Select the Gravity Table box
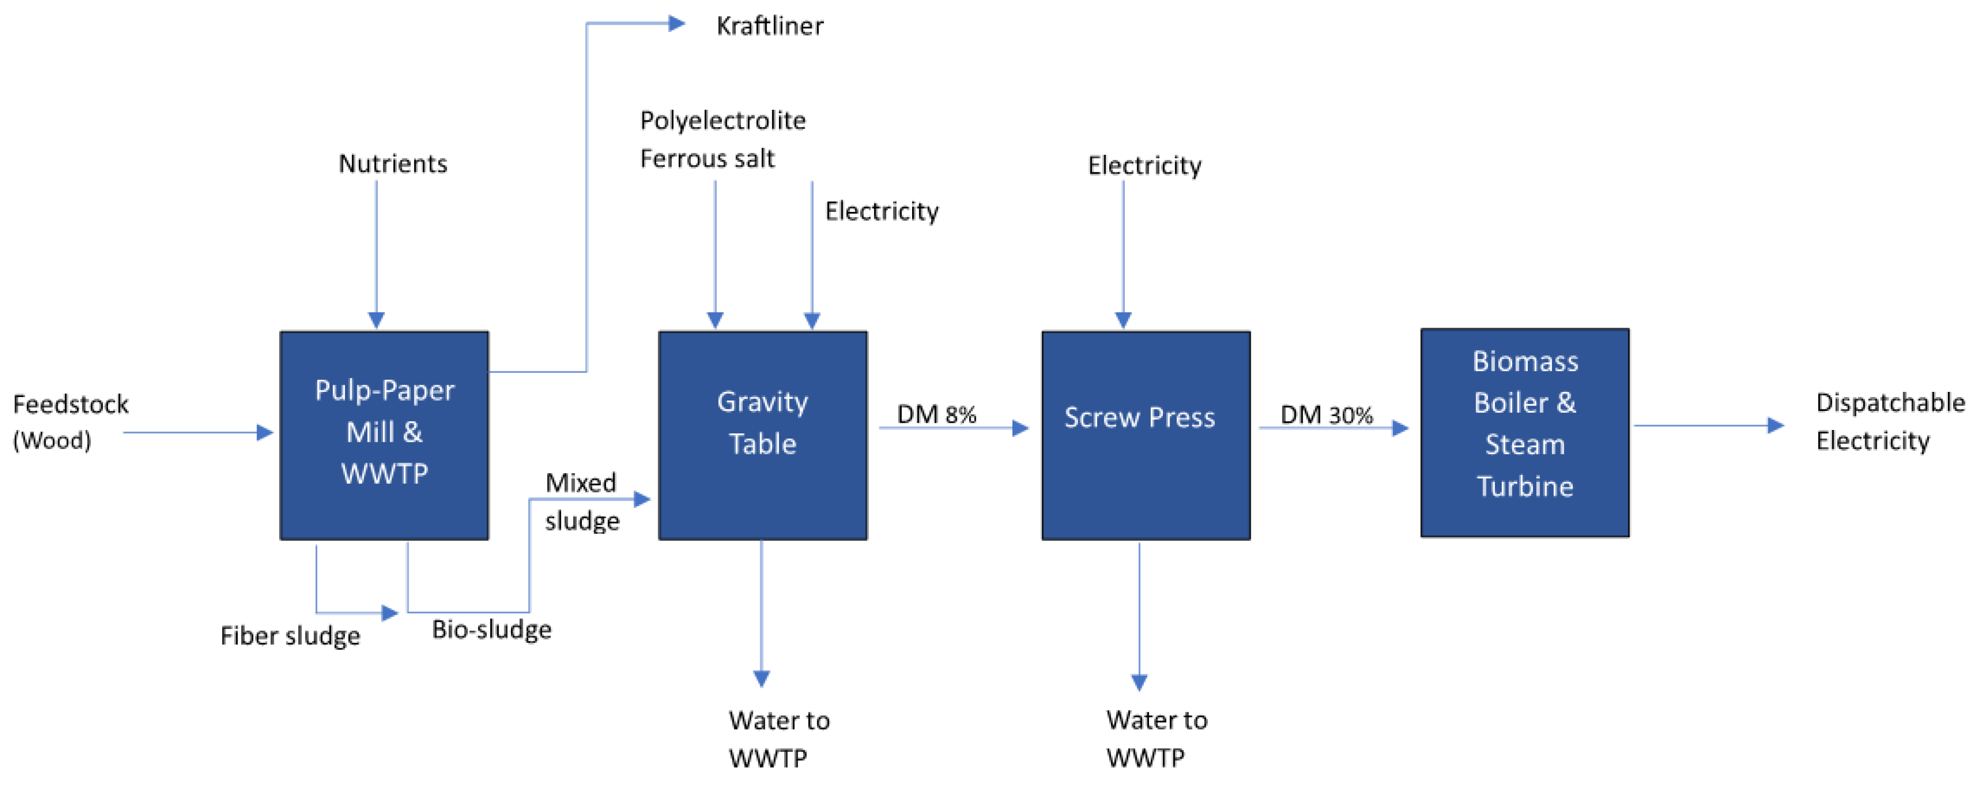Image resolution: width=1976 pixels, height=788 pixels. (763, 435)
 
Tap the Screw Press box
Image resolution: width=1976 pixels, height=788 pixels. (1145, 435)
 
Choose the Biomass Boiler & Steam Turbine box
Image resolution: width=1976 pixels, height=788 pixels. (1524, 432)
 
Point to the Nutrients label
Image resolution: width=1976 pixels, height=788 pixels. (393, 163)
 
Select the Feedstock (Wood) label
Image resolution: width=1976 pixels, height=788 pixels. (70, 421)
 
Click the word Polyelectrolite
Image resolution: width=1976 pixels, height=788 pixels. (723, 120)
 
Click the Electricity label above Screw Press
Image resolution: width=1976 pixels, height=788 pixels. (1144, 166)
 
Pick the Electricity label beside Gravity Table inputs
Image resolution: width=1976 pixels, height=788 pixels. (881, 211)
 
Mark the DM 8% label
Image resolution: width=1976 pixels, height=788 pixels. (936, 414)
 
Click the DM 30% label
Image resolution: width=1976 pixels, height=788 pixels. (1326, 415)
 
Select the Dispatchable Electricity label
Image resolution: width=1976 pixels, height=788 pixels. (1889, 421)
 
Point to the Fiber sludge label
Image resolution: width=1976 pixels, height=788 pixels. (290, 635)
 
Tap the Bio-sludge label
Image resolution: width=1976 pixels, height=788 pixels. (491, 629)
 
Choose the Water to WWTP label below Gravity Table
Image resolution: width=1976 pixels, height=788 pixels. (778, 739)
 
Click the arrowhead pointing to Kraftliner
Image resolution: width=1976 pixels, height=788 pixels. (677, 24)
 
